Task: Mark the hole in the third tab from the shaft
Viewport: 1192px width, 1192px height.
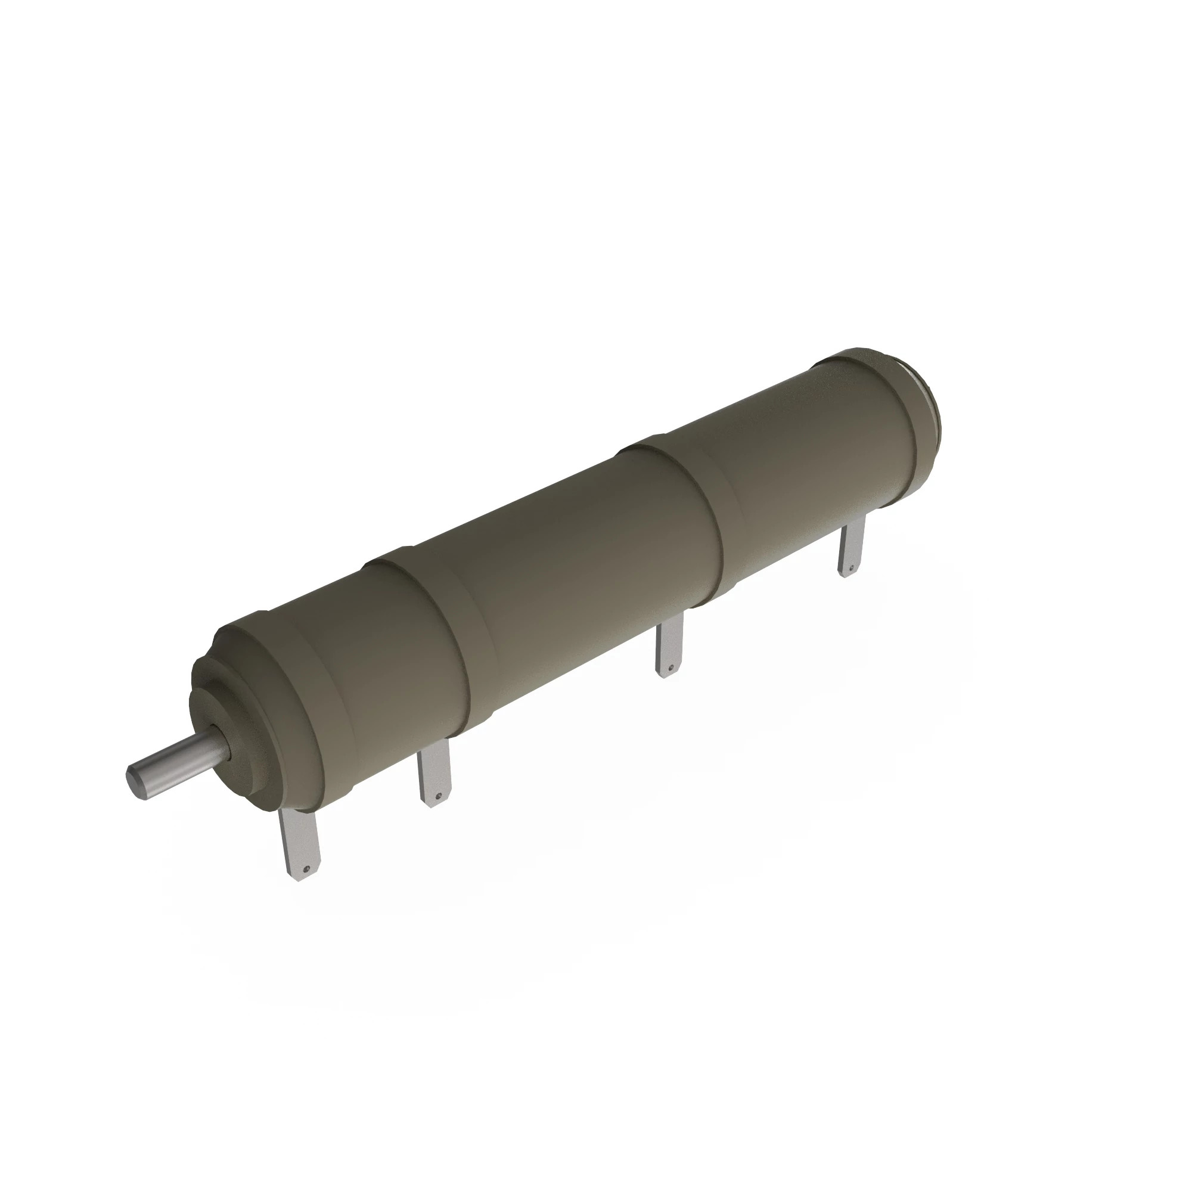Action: [670, 666]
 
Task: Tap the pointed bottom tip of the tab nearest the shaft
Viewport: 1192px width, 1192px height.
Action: [302, 880]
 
